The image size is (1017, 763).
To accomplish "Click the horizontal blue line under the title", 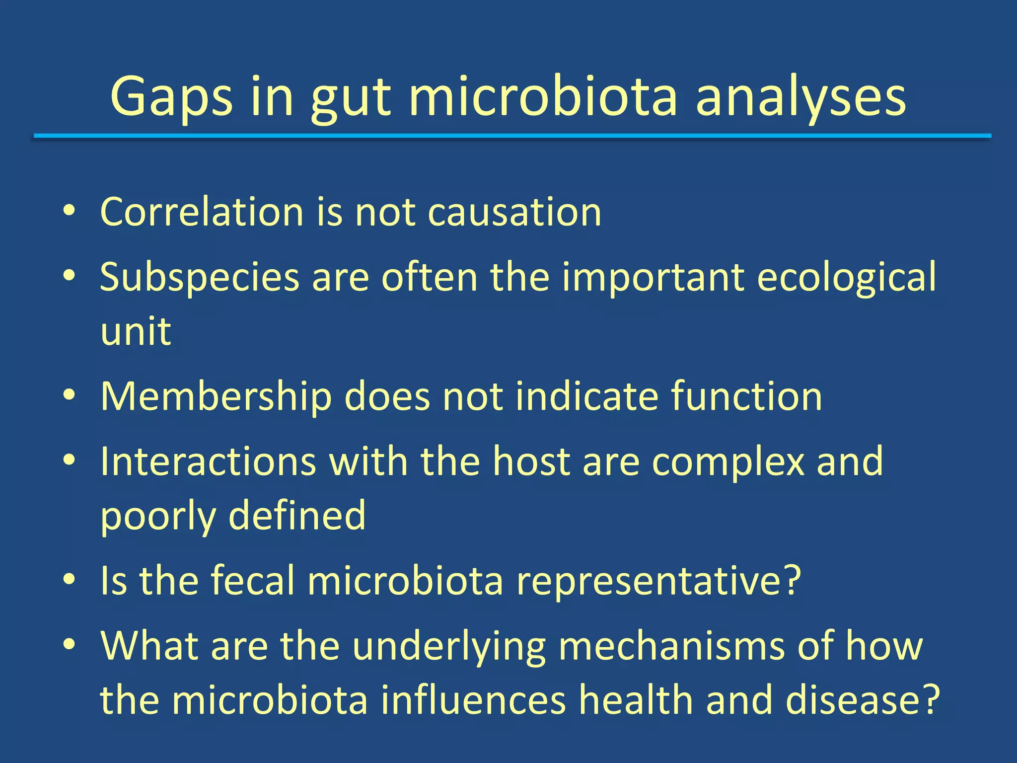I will point(511,136).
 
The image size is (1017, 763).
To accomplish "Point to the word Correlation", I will point(202,212).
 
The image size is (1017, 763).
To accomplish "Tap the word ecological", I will point(846,277).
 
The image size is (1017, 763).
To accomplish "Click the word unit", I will point(136,331).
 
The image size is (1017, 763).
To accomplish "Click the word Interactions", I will point(208,461).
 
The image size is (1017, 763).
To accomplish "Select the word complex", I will point(728,461).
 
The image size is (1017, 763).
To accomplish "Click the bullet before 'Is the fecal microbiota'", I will point(69,579).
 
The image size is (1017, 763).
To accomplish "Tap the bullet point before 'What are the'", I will point(69,644).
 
